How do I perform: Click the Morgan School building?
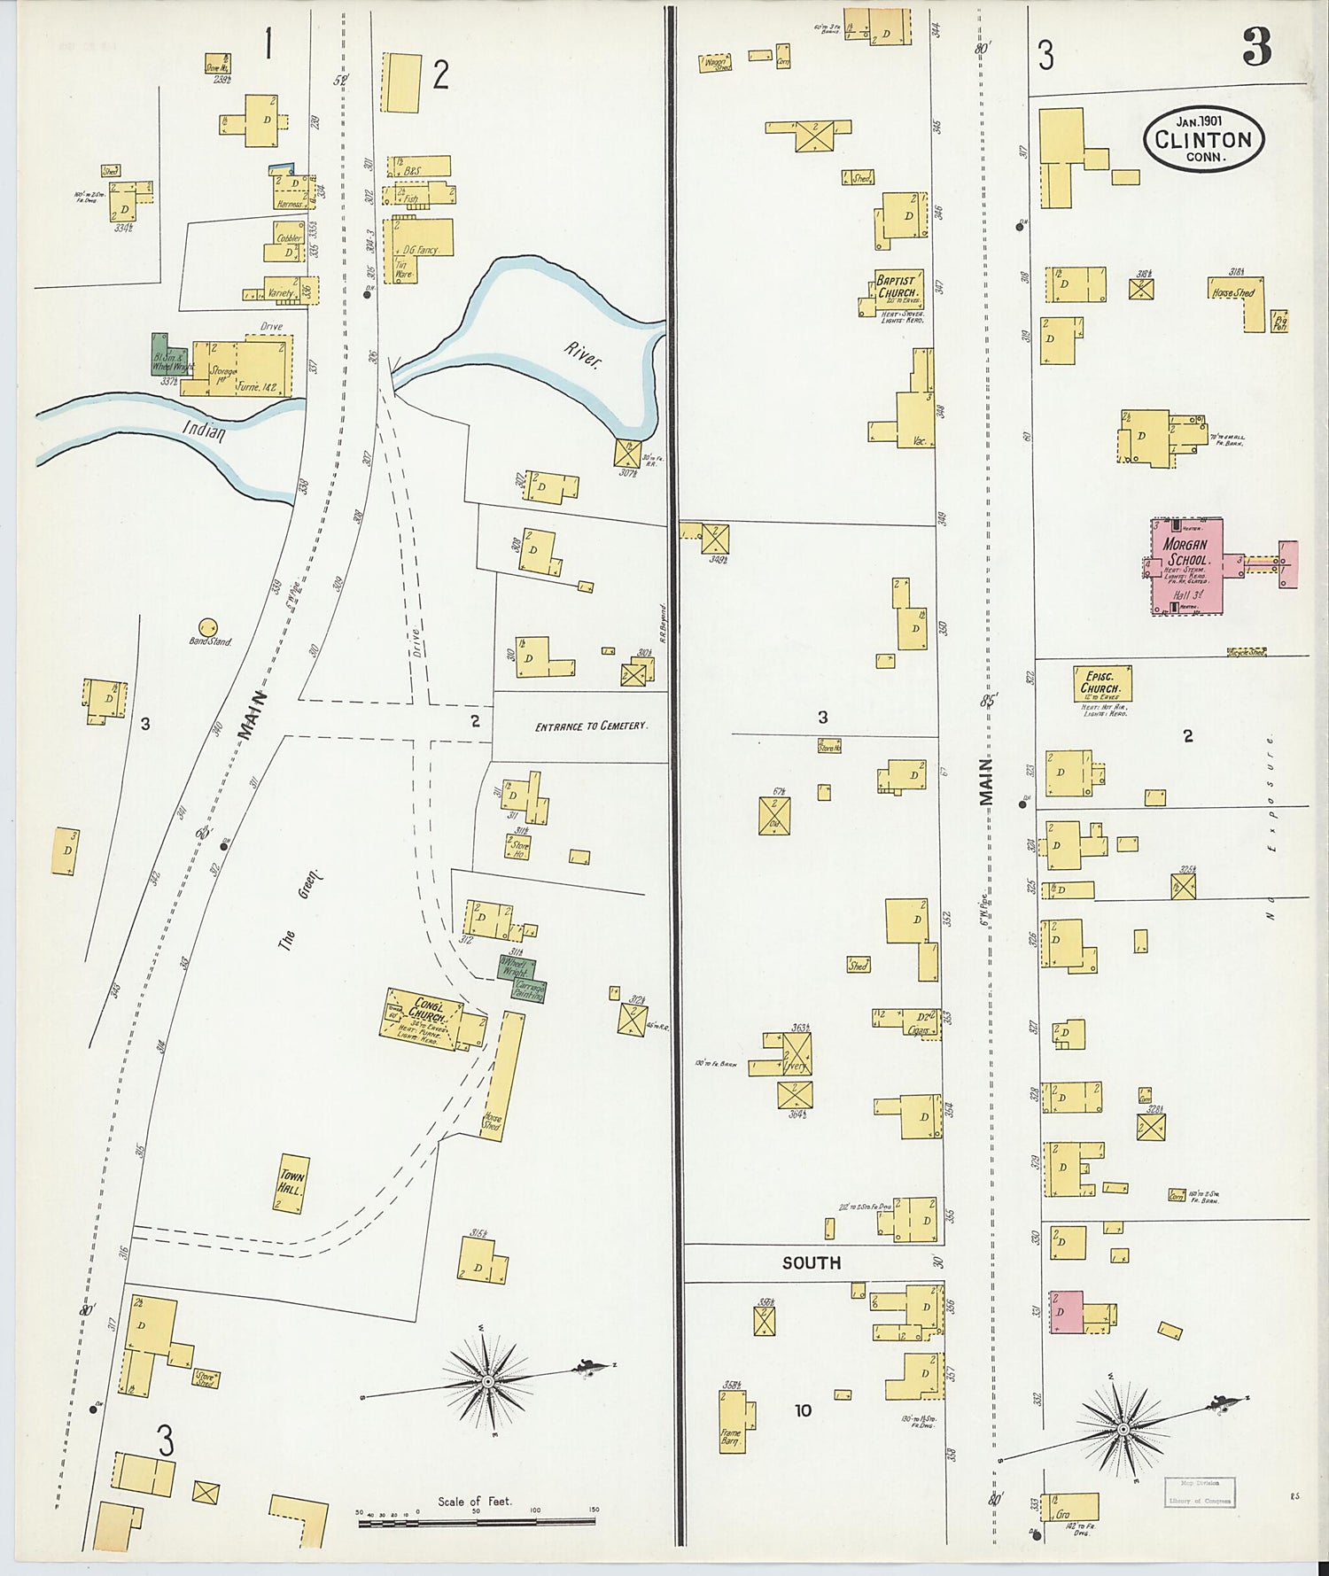pos(1187,567)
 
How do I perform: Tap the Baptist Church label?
pos(898,287)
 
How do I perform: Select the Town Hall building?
pos(291,1183)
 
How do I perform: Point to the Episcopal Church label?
pos(1100,682)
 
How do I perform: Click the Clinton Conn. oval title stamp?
pos(1203,140)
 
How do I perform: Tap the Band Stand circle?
pos(209,628)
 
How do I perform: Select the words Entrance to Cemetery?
pos(591,726)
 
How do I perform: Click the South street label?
pos(811,1263)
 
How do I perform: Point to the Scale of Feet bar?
pos(477,1523)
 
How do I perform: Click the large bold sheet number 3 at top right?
pos(1256,46)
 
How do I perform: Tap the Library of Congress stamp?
pos(1198,1492)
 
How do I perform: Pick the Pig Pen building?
pos(1278,321)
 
